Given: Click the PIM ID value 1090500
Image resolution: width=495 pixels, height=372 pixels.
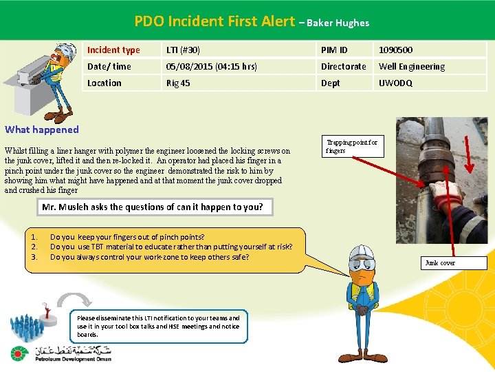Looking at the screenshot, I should tap(396, 50).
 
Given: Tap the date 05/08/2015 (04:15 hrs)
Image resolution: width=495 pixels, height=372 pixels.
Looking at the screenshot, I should tap(212, 66).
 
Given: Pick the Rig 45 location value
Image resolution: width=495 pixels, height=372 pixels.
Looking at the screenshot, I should tap(178, 83).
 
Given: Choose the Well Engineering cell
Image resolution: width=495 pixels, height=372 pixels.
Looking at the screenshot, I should tap(412, 66).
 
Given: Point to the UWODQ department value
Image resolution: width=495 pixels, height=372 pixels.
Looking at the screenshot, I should tap(395, 83).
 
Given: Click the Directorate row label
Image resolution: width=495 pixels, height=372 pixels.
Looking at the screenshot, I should tap(343, 66).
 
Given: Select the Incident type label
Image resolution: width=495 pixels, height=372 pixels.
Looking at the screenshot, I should tap(113, 50).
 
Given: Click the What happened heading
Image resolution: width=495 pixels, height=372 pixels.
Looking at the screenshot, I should tap(42, 130).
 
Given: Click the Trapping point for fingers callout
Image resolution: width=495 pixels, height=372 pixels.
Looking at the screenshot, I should tap(352, 146).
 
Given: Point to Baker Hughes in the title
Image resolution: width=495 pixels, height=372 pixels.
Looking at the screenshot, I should tap(338, 23).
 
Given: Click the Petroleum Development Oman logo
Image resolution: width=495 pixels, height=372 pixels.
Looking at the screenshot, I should tap(60, 354).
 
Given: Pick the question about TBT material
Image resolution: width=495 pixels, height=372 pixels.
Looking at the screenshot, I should tap(171, 247).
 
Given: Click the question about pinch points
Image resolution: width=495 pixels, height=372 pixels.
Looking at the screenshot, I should tap(127, 237).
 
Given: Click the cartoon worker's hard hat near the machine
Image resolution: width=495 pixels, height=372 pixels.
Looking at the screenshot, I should tap(66, 50).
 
